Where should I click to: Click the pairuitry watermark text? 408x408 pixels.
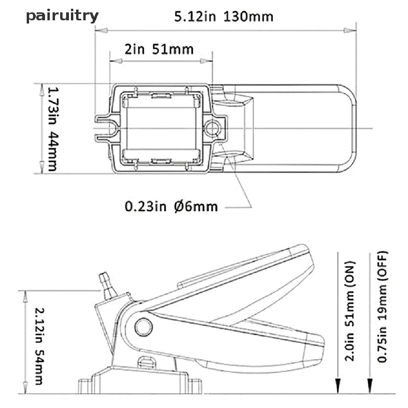click(x=63, y=16)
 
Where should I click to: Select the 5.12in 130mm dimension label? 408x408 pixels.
click(x=224, y=17)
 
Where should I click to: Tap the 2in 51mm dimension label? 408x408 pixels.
click(x=159, y=49)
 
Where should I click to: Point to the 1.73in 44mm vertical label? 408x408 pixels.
click(x=53, y=129)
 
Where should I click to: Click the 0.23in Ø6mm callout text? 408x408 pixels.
click(x=171, y=207)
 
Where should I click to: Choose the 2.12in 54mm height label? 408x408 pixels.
click(x=39, y=346)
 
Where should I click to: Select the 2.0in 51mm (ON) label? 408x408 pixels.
click(x=349, y=311)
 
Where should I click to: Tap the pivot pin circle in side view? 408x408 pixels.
click(x=143, y=327)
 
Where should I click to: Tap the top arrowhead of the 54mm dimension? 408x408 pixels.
click(x=25, y=296)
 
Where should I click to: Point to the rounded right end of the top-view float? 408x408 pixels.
click(x=351, y=128)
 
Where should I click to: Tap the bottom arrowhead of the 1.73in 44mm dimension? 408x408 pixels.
click(x=41, y=167)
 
